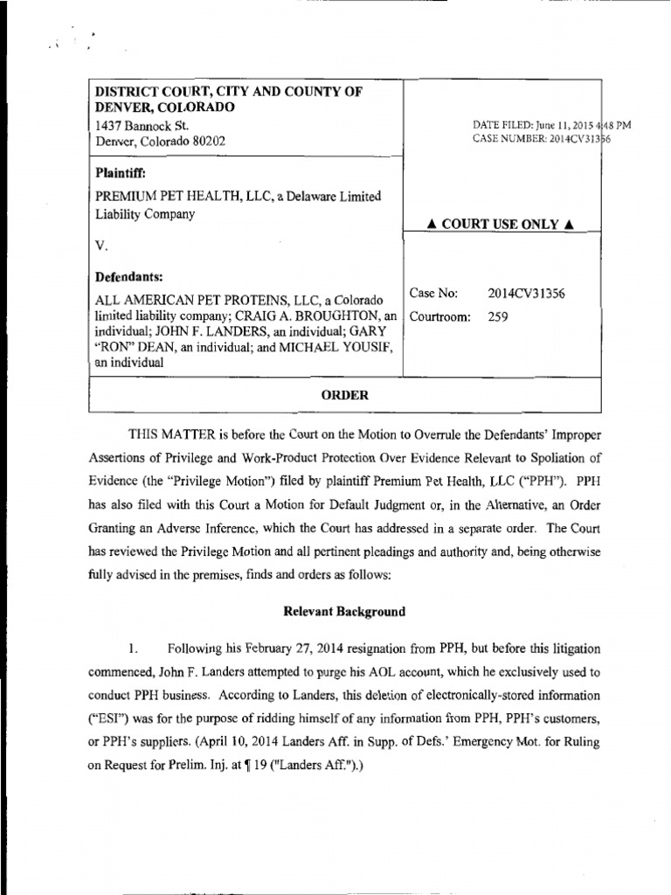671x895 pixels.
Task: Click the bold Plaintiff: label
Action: pyautogui.click(x=120, y=173)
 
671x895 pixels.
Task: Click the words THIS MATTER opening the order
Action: pyautogui.click(x=173, y=434)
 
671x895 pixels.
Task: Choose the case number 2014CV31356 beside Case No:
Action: pyautogui.click(x=526, y=295)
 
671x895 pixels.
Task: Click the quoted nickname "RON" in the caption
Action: pyautogui.click(x=116, y=348)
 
